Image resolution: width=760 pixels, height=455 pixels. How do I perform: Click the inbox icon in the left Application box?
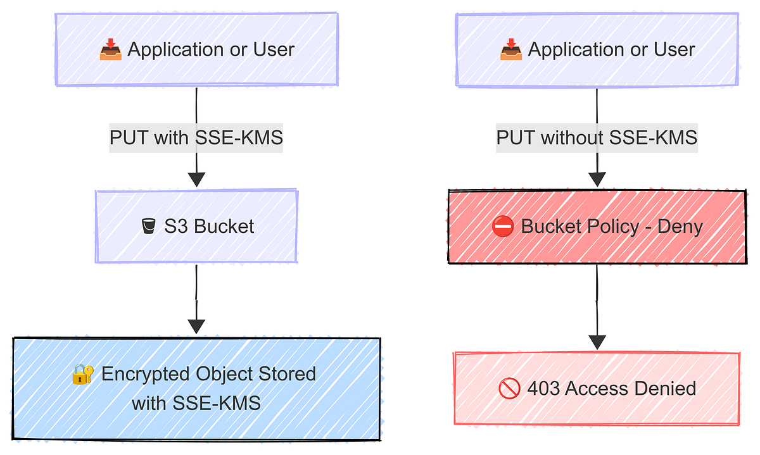click(111, 50)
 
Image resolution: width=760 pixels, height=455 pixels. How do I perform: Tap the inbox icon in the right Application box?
click(511, 50)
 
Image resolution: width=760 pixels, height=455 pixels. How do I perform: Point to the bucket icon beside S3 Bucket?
click(149, 226)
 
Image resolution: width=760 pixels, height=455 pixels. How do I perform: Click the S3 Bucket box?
click(196, 226)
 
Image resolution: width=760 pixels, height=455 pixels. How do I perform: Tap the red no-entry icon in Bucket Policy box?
click(503, 227)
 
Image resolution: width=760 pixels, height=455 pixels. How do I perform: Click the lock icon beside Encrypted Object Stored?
click(84, 375)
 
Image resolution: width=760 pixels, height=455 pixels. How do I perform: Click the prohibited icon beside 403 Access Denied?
click(509, 389)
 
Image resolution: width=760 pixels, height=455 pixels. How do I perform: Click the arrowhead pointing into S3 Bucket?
click(196, 178)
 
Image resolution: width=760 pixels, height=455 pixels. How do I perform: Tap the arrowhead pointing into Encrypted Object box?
click(196, 326)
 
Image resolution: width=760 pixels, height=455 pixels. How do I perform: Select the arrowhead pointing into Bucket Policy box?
click(597, 178)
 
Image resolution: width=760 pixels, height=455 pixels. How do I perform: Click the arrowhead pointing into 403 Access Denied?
click(597, 342)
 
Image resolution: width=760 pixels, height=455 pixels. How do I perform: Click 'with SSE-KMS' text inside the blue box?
click(196, 403)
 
